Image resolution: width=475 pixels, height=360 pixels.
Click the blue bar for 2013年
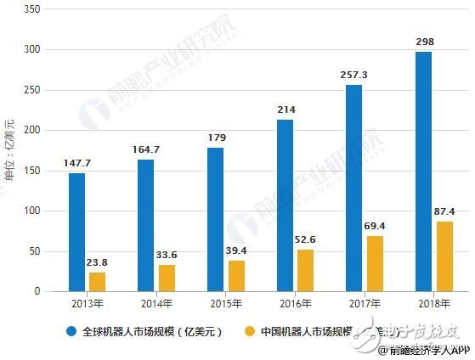[x=76, y=232]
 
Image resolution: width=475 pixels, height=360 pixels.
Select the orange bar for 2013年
[x=97, y=281]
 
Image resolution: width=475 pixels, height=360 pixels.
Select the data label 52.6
[x=307, y=239]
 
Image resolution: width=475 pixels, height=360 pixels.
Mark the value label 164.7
[x=145, y=149]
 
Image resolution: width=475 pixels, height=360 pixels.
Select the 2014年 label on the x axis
[x=156, y=303]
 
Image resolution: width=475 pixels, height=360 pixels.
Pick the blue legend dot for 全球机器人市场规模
[x=71, y=332]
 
